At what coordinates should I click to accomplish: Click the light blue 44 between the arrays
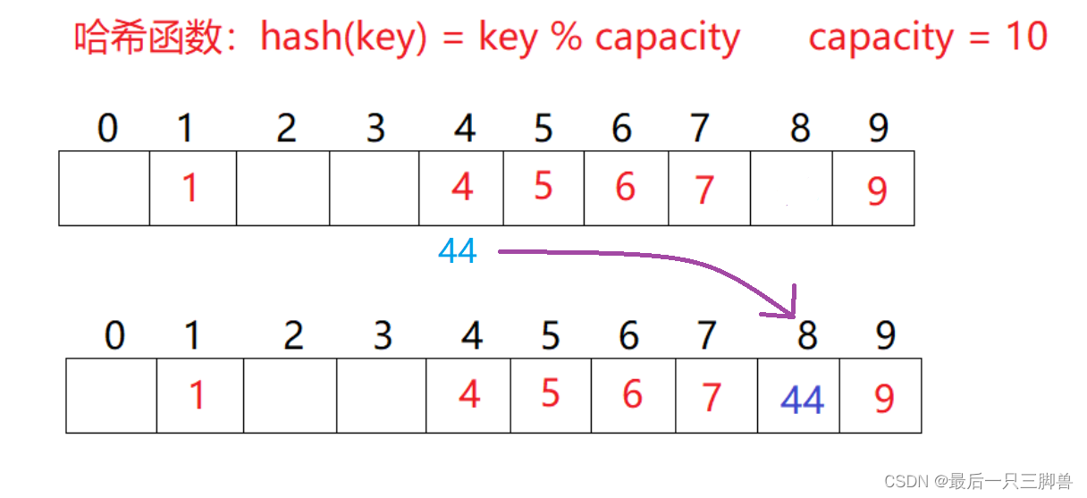457,252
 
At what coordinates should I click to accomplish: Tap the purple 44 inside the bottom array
802,401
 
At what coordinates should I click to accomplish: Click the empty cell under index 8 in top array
791,189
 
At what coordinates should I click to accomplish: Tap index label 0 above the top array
107,130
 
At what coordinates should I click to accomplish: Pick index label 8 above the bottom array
806,336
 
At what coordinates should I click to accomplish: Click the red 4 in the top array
462,188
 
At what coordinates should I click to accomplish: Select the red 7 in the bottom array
712,398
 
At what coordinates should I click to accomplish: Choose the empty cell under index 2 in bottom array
290,396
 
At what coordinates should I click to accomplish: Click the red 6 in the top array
625,188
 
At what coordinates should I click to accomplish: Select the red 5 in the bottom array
550,393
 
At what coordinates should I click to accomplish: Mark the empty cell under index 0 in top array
104,189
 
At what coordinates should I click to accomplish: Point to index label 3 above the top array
375,130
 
